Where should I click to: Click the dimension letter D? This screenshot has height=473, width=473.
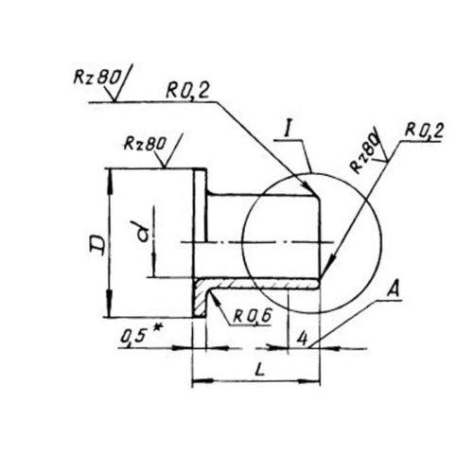tap(97, 245)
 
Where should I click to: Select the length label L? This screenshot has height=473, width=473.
tap(260, 370)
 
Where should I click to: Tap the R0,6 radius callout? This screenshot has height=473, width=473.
tap(253, 316)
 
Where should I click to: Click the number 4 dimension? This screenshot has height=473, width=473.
tap(302, 339)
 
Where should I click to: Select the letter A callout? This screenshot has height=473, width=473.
tap(394, 289)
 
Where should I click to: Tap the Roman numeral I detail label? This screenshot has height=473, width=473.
tap(287, 130)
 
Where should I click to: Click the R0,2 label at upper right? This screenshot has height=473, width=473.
tap(425, 131)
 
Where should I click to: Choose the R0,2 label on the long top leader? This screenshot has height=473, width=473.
tap(188, 91)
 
